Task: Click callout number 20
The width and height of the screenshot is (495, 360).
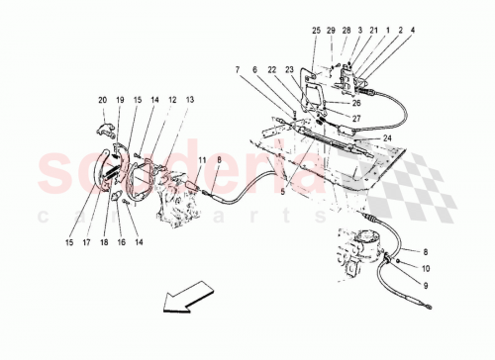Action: [x=102, y=99]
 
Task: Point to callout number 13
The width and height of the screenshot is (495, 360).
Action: [x=188, y=99]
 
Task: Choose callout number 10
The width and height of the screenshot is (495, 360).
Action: [x=428, y=267]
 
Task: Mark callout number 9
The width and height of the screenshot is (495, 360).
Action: [x=428, y=285]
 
